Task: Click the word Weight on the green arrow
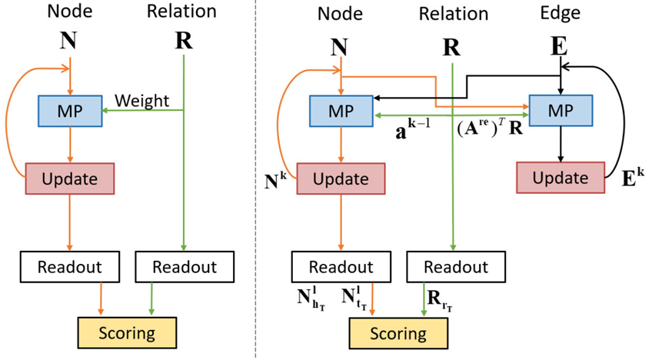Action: pyautogui.click(x=141, y=100)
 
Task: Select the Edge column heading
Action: pyautogui.click(x=560, y=13)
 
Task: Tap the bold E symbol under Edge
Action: pyautogui.click(x=560, y=45)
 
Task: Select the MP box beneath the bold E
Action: pyautogui.click(x=561, y=110)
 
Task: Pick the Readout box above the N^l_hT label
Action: pyautogui.click(x=341, y=267)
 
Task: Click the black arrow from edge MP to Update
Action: pyautogui.click(x=561, y=143)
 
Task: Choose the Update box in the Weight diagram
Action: pyautogui.click(x=70, y=178)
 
